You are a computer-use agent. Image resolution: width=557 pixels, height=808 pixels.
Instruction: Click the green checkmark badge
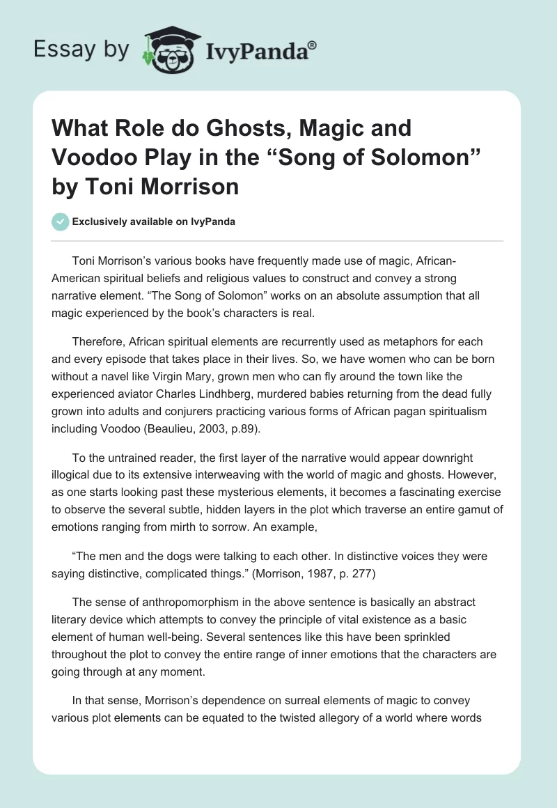tap(60, 222)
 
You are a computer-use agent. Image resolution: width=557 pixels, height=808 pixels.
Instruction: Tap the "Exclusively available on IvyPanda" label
tap(153, 222)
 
